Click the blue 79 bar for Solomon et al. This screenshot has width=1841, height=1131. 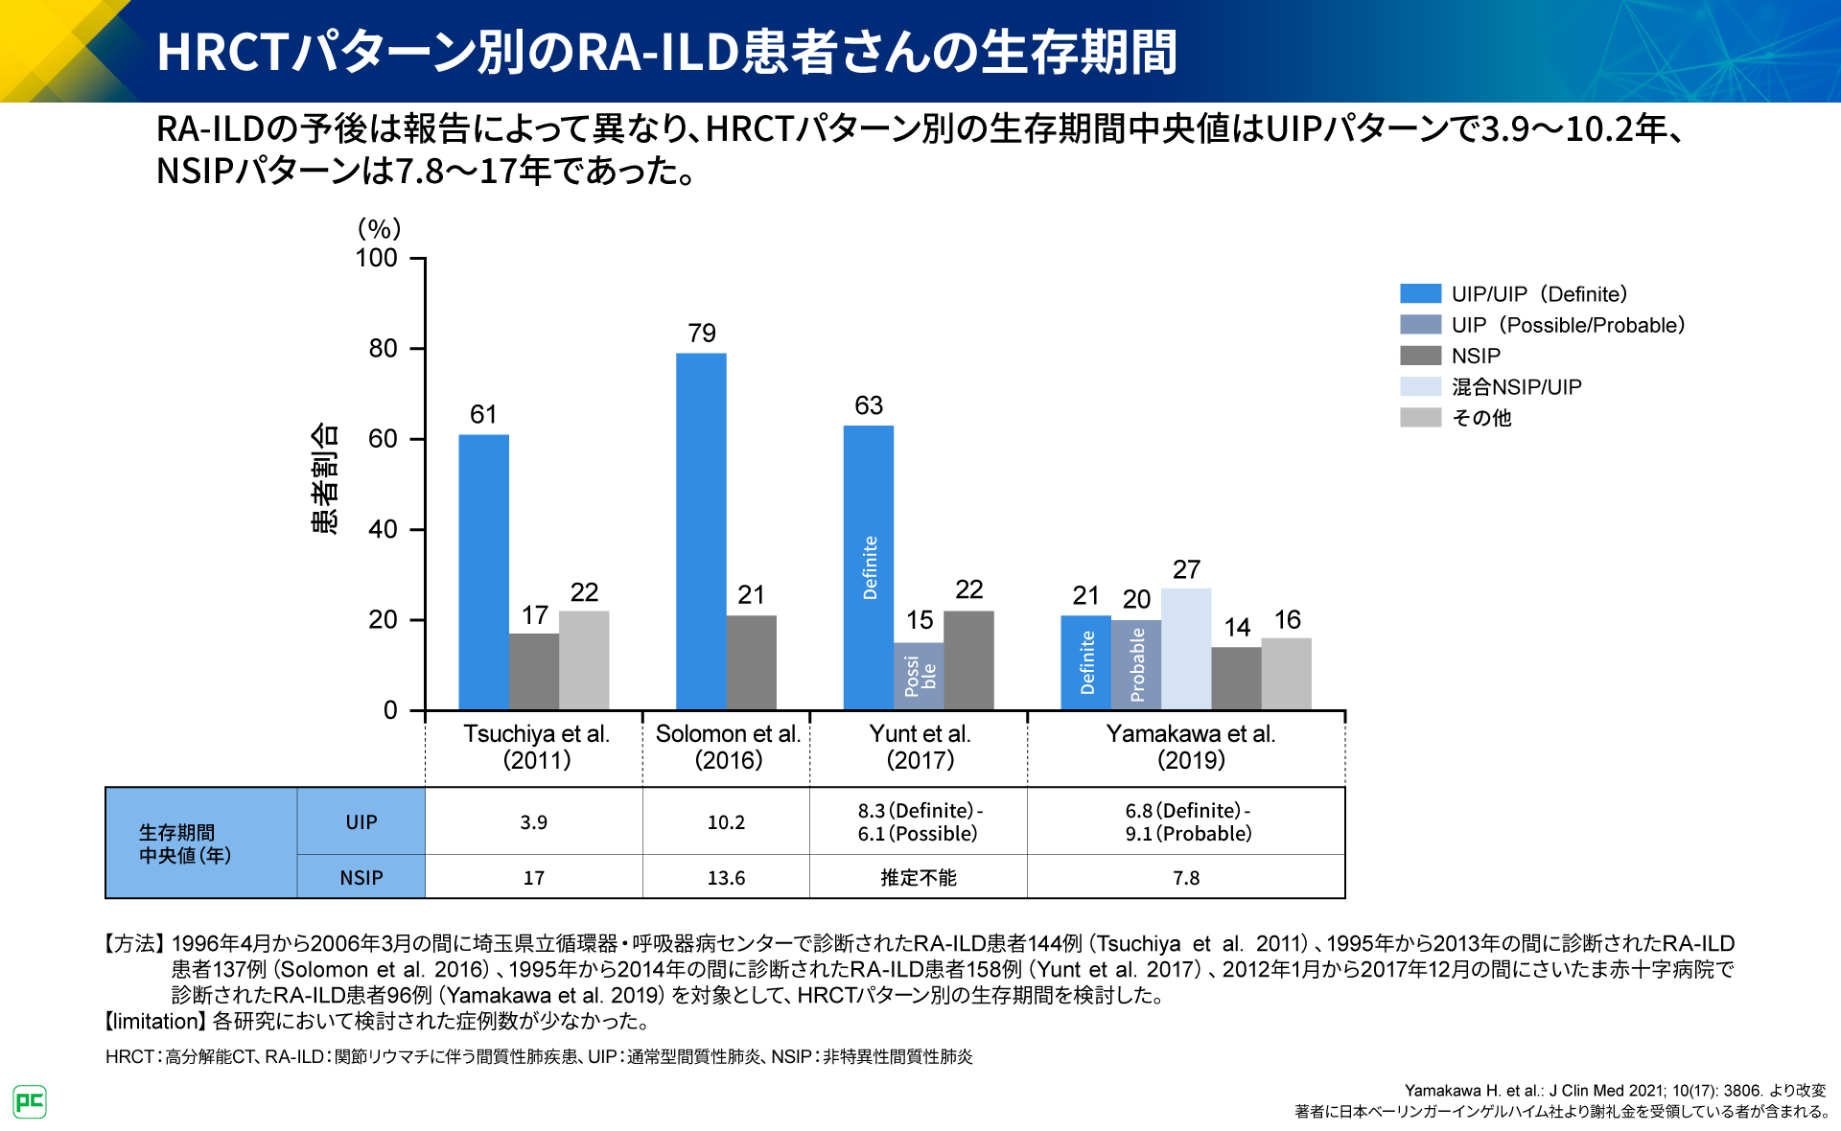click(x=701, y=532)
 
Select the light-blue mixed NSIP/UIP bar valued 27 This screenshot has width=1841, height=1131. click(x=1186, y=649)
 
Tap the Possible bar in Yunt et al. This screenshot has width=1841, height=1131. click(x=919, y=676)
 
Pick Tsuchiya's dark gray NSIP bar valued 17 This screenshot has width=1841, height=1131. click(x=534, y=671)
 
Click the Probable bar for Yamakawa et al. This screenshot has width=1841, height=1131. click(x=1136, y=664)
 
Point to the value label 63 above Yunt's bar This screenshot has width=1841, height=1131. click(x=869, y=405)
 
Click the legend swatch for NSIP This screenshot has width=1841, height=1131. click(x=1420, y=356)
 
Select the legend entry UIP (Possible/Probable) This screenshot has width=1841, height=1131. click(x=1567, y=325)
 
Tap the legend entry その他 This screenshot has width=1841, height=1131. click(x=1480, y=417)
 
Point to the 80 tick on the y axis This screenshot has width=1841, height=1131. click(x=384, y=348)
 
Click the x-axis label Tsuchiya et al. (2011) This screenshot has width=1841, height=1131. click(x=536, y=747)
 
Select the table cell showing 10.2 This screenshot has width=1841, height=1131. click(x=726, y=822)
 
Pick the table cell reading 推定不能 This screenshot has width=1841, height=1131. click(x=918, y=877)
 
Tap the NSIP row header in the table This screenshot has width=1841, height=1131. click(x=361, y=877)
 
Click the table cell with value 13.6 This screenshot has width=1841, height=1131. click(x=726, y=877)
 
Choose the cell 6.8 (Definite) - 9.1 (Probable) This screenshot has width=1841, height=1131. click(x=1187, y=822)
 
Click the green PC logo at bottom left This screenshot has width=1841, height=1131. click(x=30, y=1101)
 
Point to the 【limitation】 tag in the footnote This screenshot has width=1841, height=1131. click(x=153, y=1021)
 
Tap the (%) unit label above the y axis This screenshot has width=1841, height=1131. click(x=379, y=228)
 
